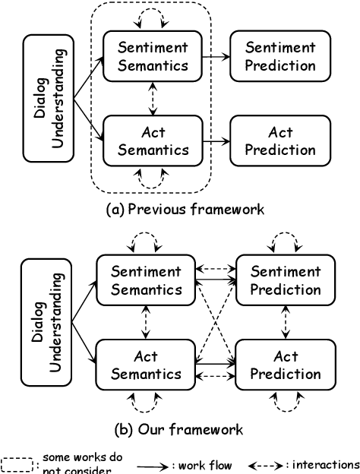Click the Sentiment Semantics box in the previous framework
[153, 56]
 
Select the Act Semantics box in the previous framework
[153, 141]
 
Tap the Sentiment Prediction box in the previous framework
[280, 56]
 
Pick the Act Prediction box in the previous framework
[280, 141]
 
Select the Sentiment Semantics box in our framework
[147, 280]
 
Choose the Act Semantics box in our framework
[147, 365]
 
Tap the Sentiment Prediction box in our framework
[286, 280]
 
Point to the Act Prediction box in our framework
[286, 365]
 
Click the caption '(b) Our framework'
[178, 429]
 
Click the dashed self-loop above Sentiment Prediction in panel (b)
[286, 242]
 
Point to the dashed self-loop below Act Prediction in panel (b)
[286, 403]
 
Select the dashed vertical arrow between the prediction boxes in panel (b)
[286, 322]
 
